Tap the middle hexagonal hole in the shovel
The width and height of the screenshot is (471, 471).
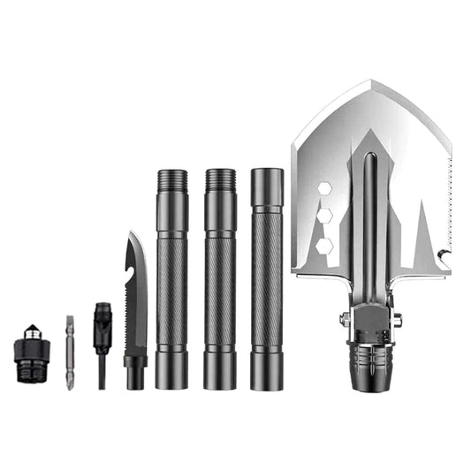pos(325,217)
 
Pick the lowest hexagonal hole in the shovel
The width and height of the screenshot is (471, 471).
pos(325,245)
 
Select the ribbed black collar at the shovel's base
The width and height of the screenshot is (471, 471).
pos(369,362)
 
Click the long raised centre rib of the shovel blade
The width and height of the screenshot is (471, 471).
pos(370,221)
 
